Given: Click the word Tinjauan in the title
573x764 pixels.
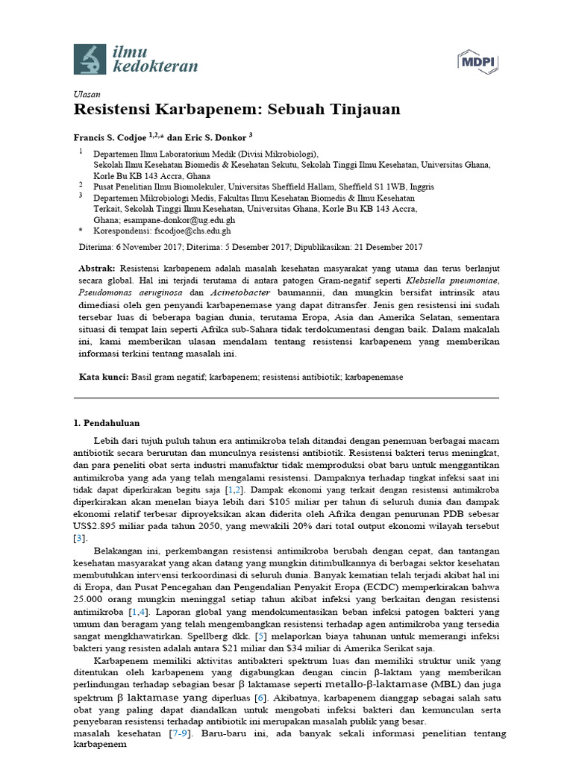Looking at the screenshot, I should tap(366, 110).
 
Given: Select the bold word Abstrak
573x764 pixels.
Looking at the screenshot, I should tap(97, 268).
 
